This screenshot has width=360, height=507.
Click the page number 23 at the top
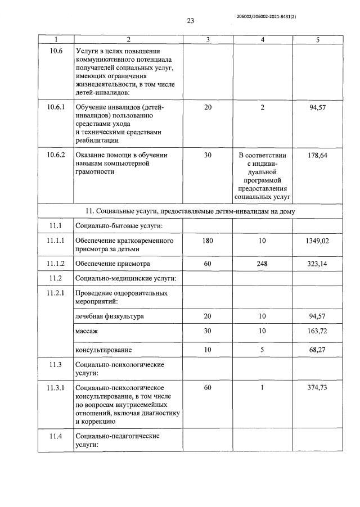(x=190, y=21)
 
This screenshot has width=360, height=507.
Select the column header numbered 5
(x=318, y=39)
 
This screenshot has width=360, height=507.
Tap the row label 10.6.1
(x=56, y=107)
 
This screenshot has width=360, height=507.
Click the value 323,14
(x=318, y=263)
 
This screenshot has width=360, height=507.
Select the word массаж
(x=87, y=332)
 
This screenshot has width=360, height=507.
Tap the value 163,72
(x=318, y=332)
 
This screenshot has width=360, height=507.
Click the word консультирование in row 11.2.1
(x=103, y=350)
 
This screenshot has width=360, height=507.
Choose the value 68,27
(x=318, y=350)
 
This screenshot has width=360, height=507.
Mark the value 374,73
(x=318, y=388)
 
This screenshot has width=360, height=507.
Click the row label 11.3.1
(x=56, y=388)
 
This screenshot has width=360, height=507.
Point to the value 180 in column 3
(x=208, y=241)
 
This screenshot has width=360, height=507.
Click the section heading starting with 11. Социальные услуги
(x=190, y=211)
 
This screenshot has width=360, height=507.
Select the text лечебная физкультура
(x=109, y=316)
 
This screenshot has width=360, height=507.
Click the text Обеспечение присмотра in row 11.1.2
(x=112, y=263)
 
